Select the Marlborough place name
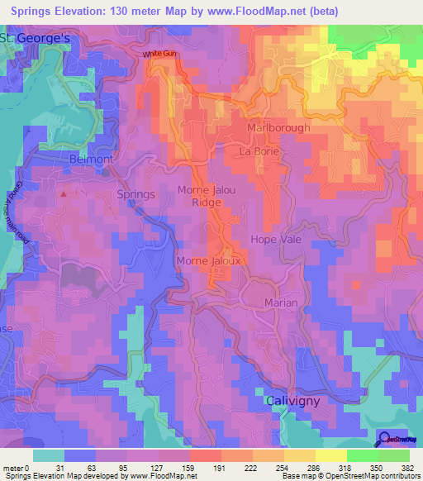(279, 128)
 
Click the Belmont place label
(89, 158)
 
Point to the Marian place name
(281, 303)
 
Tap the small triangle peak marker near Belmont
(64, 193)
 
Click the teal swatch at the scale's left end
(49, 455)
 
